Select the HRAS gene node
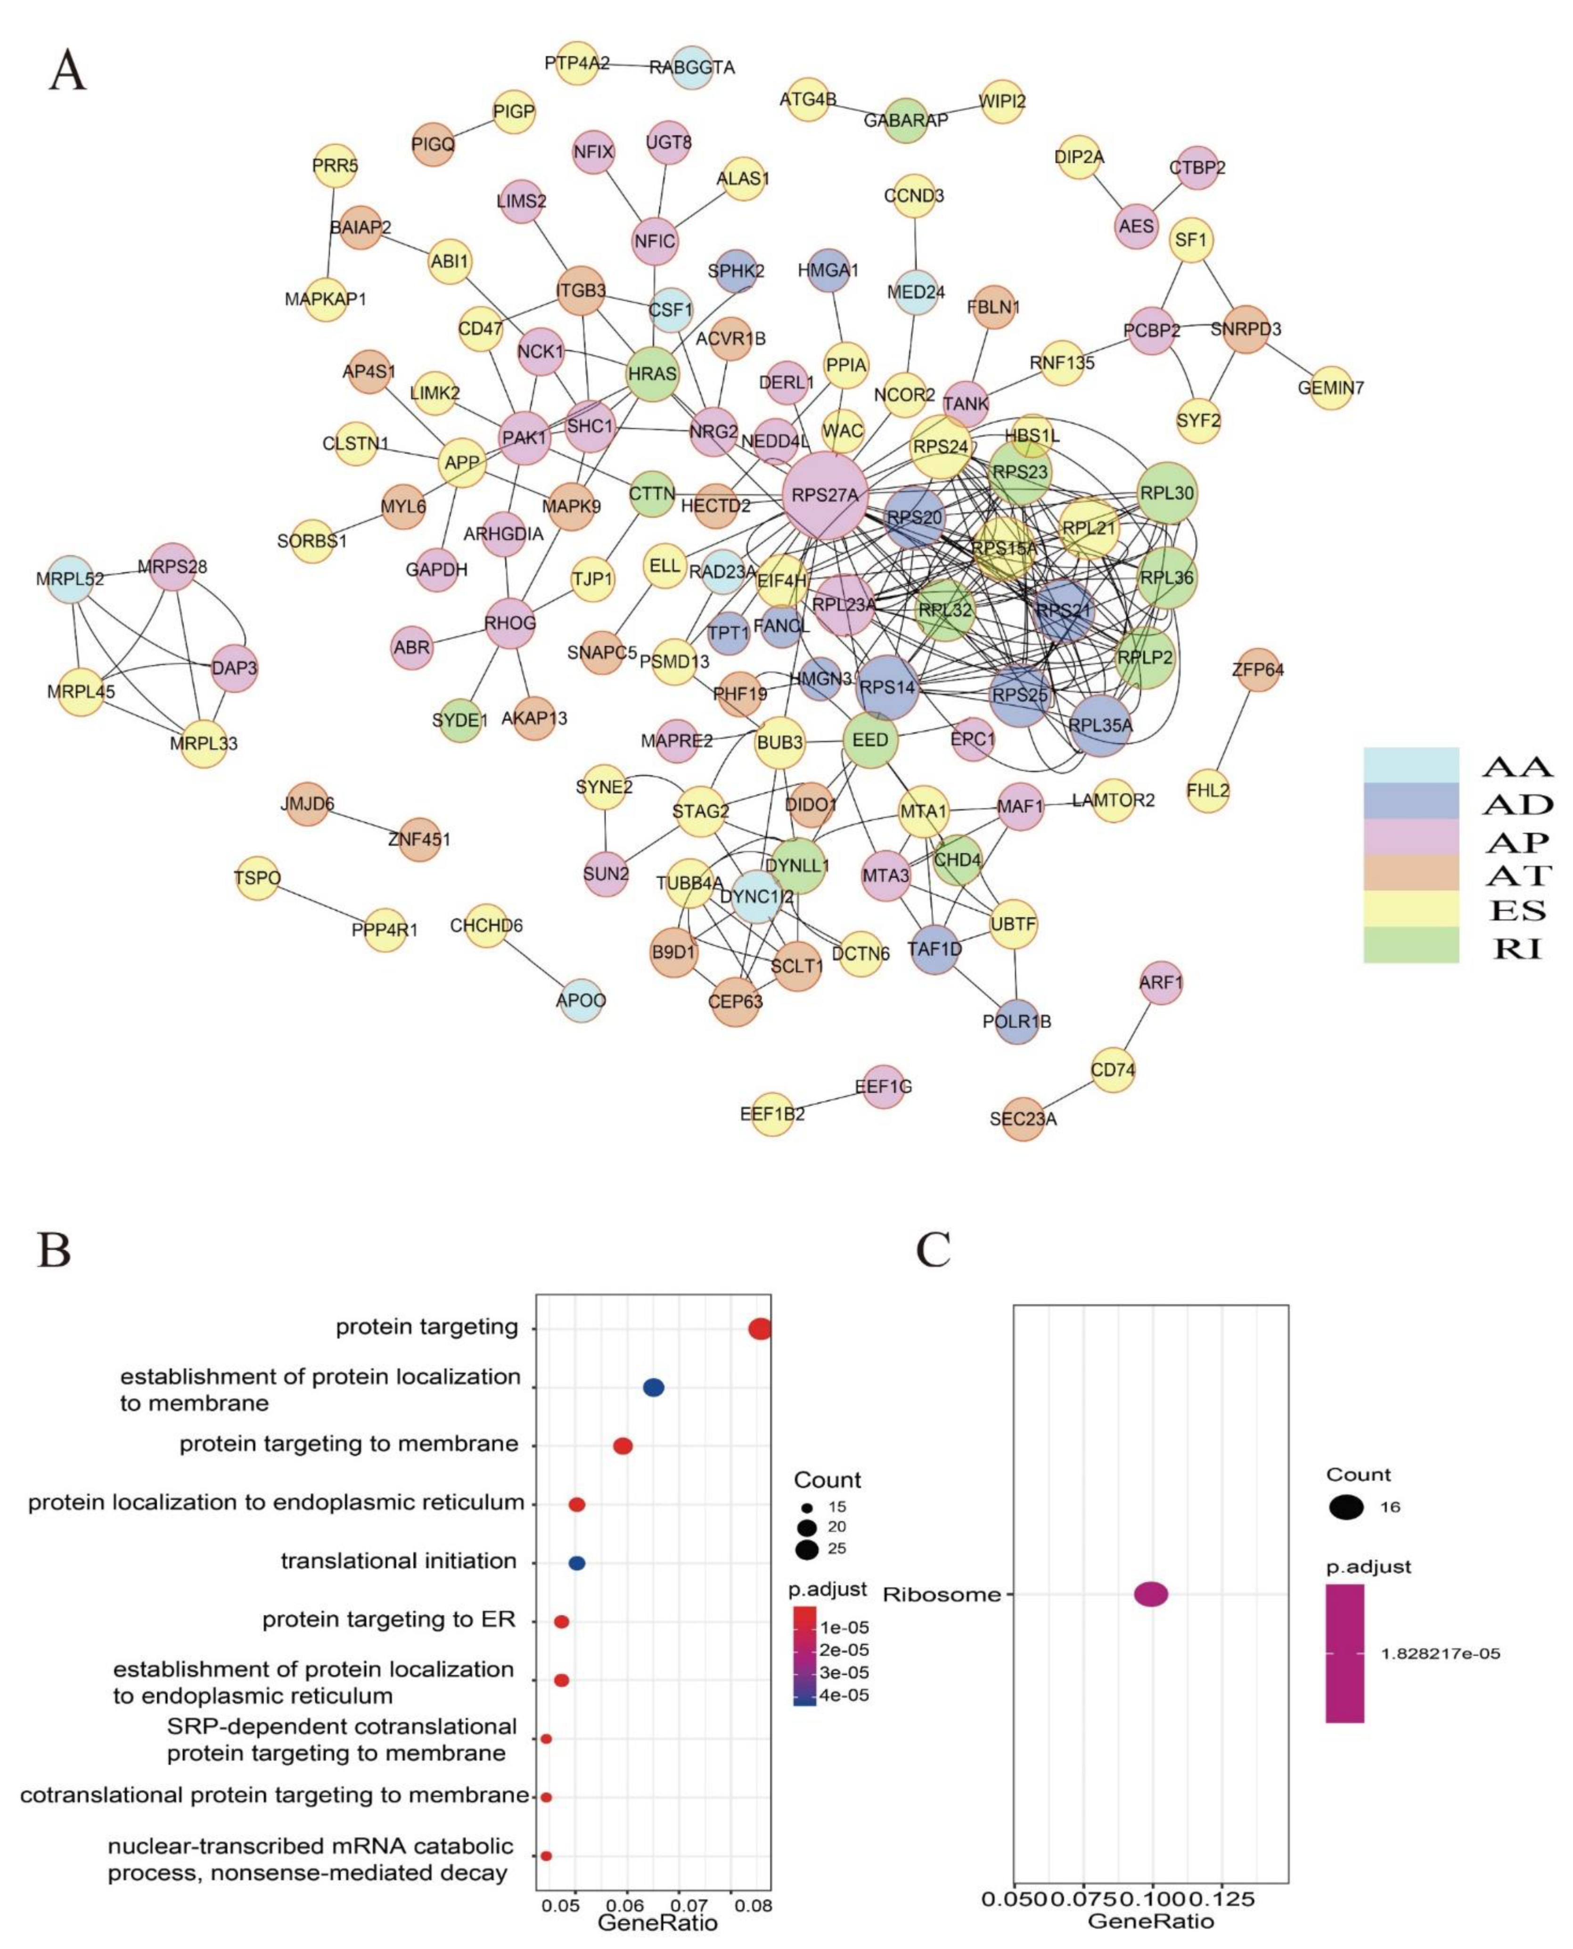[652, 373]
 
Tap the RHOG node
[510, 623]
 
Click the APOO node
[581, 1000]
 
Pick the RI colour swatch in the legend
[1411, 944]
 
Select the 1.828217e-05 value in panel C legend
[1440, 1654]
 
